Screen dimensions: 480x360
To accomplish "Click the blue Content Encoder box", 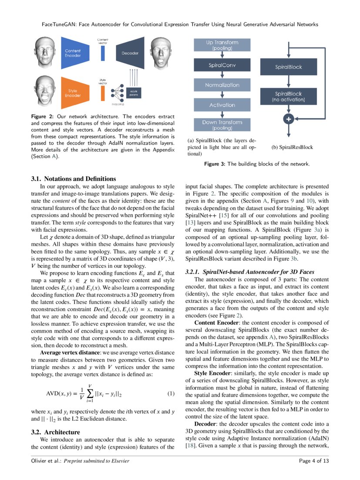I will pyautogui.click(x=77, y=53).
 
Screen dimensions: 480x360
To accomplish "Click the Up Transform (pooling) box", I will pyautogui.click(x=222, y=45).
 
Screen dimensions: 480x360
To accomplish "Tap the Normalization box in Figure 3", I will pyautogui.click(x=222, y=85).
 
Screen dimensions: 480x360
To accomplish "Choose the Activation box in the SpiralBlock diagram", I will pyautogui.click(x=222, y=105).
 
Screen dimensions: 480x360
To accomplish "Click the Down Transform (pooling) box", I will pyautogui.click(x=222, y=125).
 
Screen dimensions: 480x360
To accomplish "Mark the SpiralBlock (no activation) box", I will pyautogui.click(x=288, y=97).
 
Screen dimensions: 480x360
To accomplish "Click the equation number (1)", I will pyautogui.click(x=171, y=394).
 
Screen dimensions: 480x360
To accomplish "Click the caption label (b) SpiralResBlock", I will pyautogui.click(x=292, y=147).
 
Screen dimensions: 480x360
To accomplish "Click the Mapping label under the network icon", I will pyautogui.click(x=118, y=105).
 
